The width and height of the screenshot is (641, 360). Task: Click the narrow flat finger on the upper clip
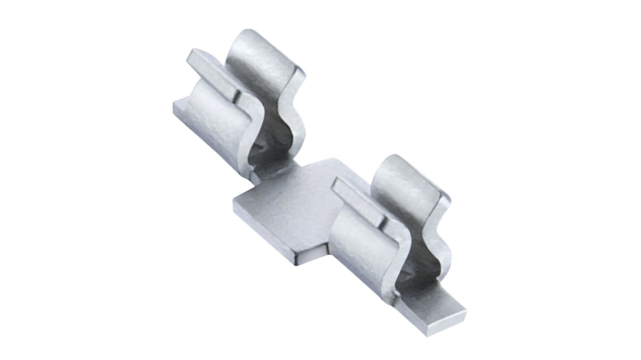click(212, 72)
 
